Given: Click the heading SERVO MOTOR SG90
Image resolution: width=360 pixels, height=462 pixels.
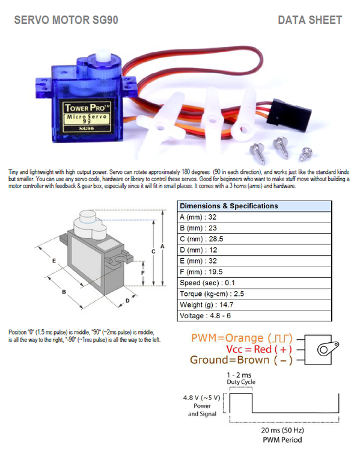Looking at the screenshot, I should pyautogui.click(x=66, y=20).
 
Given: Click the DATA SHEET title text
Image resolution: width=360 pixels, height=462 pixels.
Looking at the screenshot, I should pyautogui.click(x=310, y=20).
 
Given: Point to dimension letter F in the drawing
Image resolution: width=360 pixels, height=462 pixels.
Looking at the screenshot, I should pyautogui.click(x=142, y=272).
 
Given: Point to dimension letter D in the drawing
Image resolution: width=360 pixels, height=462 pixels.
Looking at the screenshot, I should pyautogui.click(x=127, y=301).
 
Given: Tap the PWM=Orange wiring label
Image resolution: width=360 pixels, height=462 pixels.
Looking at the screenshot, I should pyautogui.click(x=242, y=338).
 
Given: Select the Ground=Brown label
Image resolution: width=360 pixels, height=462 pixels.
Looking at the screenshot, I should pyautogui.click(x=241, y=360).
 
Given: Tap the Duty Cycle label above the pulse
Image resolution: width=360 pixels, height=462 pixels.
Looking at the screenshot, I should pyautogui.click(x=241, y=382).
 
